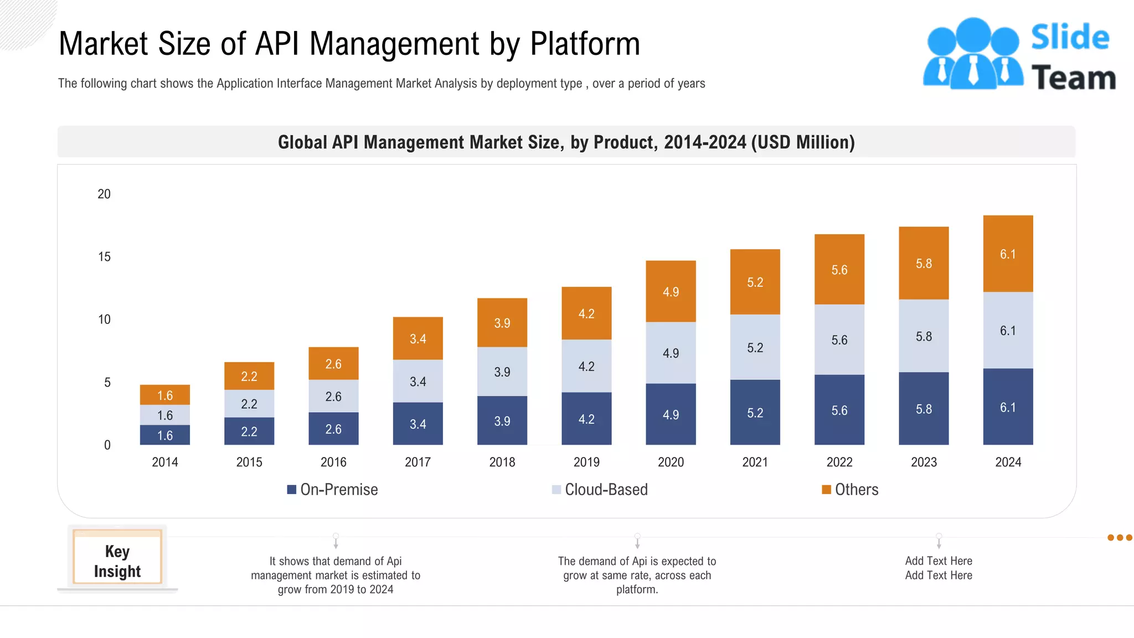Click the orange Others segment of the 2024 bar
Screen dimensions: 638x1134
click(1008, 254)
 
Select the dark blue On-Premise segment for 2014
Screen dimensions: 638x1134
click(165, 435)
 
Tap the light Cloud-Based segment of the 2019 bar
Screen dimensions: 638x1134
click(586, 366)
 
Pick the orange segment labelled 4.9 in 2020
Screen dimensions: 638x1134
click(671, 291)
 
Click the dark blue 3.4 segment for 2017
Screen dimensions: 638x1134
click(417, 424)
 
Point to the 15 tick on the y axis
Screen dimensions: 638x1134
click(104, 256)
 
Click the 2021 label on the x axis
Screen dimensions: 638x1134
click(755, 462)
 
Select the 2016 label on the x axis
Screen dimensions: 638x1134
click(333, 462)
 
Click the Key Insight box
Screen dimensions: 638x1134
click(117, 560)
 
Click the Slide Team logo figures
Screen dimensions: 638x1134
click(973, 54)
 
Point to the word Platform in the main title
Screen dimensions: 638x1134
click(585, 44)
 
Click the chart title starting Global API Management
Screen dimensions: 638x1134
click(566, 142)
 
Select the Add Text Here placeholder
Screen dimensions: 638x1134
click(939, 568)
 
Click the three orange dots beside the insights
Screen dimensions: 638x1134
click(1119, 537)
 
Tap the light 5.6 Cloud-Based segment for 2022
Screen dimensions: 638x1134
click(839, 339)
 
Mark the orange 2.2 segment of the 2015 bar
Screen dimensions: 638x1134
click(249, 376)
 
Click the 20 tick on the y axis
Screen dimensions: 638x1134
click(104, 194)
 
